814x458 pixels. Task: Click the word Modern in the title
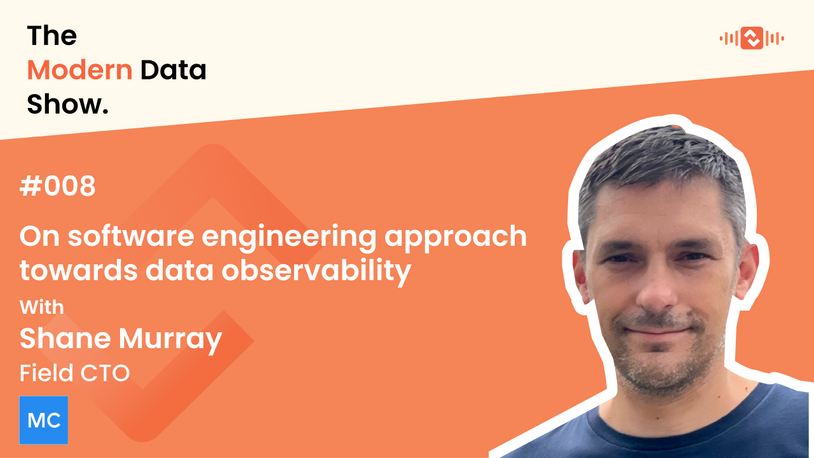[x=79, y=70]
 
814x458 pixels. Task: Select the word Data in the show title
[x=173, y=70]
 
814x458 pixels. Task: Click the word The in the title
[x=51, y=36]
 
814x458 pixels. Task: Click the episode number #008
[x=58, y=187]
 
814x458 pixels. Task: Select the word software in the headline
[x=133, y=236]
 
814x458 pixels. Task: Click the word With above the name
[x=42, y=307]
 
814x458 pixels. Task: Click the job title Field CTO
[x=75, y=373]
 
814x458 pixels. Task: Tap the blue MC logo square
[x=44, y=420]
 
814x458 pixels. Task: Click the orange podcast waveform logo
[x=752, y=38]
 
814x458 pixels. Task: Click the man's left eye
[x=696, y=257]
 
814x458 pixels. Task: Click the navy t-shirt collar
[x=674, y=413]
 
